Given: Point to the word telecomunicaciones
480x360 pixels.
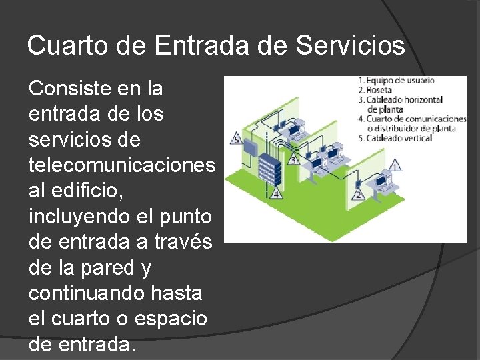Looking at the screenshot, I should pyautogui.click(x=122, y=165).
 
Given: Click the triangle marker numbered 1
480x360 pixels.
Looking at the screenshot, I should pyautogui.click(x=395, y=165).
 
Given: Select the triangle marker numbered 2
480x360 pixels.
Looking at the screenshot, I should pyautogui.click(x=358, y=194).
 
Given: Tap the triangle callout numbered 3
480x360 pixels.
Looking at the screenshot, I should pyautogui.click(x=293, y=160).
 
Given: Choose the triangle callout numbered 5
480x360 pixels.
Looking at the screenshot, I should pyautogui.click(x=237, y=139).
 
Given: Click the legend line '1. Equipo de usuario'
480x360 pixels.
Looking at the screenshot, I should pyautogui.click(x=396, y=81).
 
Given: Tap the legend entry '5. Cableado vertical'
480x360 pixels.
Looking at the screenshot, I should pyautogui.click(x=395, y=138).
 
